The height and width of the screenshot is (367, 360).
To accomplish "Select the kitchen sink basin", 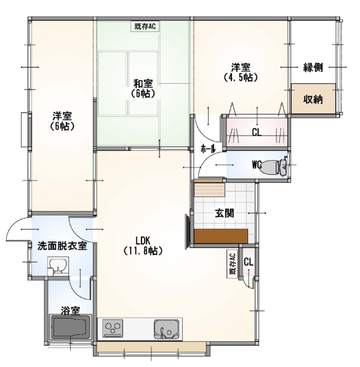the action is [166, 329].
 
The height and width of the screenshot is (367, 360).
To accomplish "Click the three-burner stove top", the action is [113, 328].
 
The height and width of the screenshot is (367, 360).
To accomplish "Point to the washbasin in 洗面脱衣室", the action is [58, 265].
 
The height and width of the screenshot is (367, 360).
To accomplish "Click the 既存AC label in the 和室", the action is [145, 26].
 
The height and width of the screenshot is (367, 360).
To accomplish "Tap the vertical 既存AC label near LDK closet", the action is [233, 264].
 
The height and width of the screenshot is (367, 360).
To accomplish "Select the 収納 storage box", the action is [313, 99].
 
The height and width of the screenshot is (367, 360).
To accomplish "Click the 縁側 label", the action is [313, 68].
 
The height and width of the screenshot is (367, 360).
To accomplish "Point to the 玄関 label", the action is [225, 214].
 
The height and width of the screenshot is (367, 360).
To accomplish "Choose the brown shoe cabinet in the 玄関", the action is [221, 236].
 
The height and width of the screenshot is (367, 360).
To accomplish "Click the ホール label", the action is [208, 148].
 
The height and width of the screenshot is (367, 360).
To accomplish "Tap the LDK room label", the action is [143, 246].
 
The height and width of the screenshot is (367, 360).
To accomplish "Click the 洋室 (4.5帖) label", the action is [241, 72].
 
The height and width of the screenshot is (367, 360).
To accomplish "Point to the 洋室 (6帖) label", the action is [62, 121].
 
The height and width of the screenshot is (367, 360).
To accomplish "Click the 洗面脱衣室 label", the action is [62, 246].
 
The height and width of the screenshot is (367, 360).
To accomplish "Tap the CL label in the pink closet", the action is [257, 133].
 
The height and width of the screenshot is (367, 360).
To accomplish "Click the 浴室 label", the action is [71, 310].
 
